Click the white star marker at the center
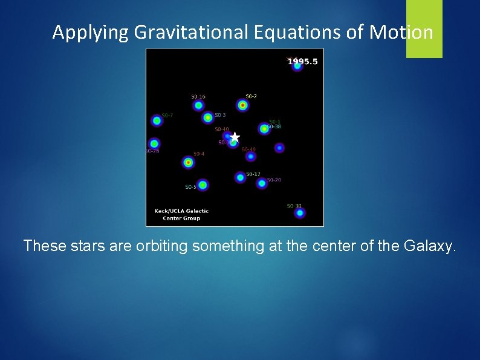click(x=235, y=137)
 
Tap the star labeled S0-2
click(x=242, y=105)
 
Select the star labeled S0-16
click(x=198, y=105)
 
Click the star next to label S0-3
click(x=208, y=117)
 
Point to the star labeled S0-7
click(x=157, y=120)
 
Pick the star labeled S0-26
click(x=154, y=143)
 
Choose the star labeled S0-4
click(x=188, y=162)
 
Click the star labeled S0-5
click(x=203, y=185)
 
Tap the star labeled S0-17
click(x=240, y=177)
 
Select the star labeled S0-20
click(x=262, y=183)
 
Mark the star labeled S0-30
click(x=299, y=212)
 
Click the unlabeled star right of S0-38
click(x=279, y=148)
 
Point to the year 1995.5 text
click(x=302, y=61)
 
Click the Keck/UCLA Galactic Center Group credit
click(x=181, y=214)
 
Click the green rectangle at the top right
click(x=424, y=28)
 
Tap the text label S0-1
click(x=274, y=121)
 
